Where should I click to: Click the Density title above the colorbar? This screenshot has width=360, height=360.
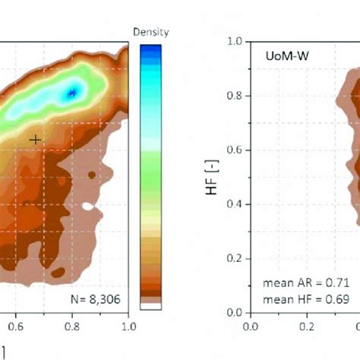coord(150,33)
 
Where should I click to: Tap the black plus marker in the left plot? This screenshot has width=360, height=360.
coord(35,140)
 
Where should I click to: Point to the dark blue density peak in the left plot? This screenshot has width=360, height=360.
coord(71,93)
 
